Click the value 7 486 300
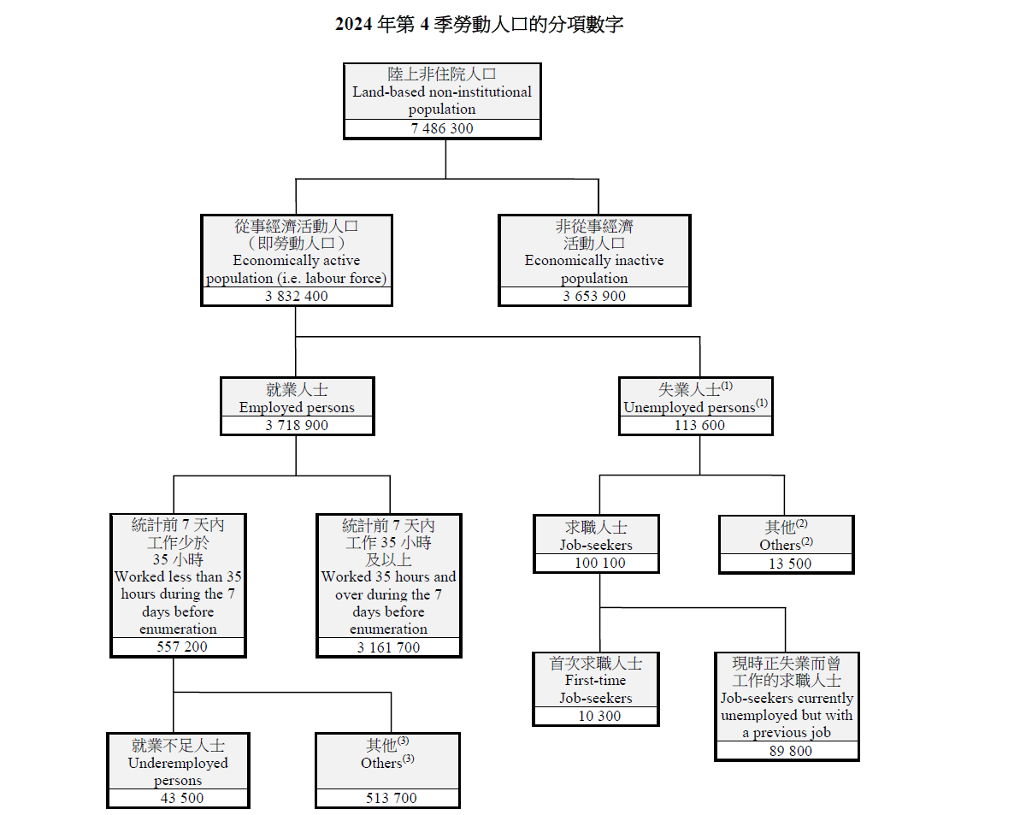[x=442, y=129]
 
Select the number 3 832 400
[x=297, y=297]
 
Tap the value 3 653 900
[x=594, y=297]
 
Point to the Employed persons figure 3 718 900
[x=297, y=425]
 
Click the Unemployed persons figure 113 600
[x=696, y=425]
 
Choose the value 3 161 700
[x=389, y=647]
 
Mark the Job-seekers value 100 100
[x=596, y=563]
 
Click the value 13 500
[x=786, y=564]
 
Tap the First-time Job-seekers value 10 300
[x=596, y=716]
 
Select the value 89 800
[x=787, y=751]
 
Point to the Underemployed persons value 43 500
[x=178, y=798]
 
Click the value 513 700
[x=387, y=798]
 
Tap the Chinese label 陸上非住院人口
[x=442, y=74]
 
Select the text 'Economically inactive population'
[x=594, y=269]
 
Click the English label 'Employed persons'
[x=297, y=407]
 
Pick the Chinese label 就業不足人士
[x=178, y=745]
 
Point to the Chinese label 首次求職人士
[x=596, y=663]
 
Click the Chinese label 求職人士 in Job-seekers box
[x=596, y=527]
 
